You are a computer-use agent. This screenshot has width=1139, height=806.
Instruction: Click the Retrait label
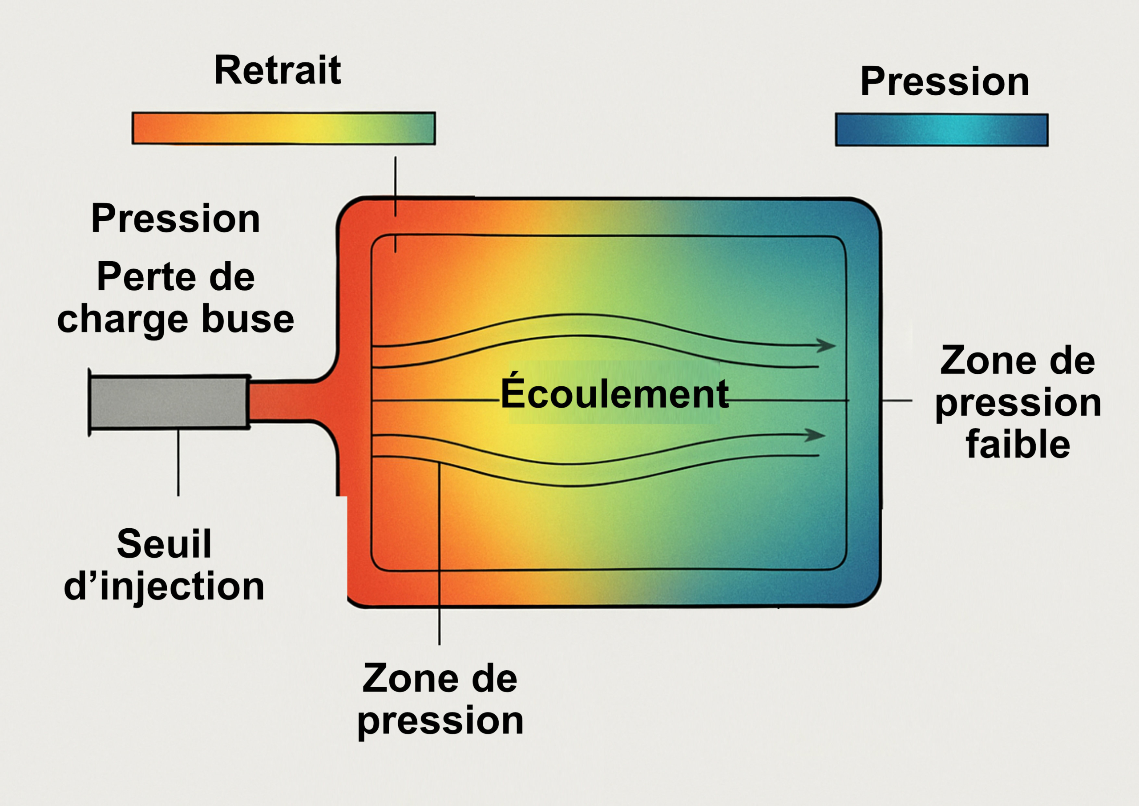point(277,70)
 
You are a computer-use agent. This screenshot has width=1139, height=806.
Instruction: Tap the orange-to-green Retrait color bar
point(283,128)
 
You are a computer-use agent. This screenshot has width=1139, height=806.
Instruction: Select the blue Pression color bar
point(941,130)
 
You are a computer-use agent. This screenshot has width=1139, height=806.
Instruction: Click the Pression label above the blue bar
point(945,81)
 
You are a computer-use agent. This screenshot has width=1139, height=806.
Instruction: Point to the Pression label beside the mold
point(176,219)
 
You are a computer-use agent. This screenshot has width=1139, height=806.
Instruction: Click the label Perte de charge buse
point(176,298)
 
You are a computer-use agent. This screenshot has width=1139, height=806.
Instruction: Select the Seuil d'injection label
point(164,565)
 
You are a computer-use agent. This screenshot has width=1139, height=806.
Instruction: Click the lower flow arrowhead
point(816,435)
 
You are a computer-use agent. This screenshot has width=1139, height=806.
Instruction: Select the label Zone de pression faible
point(1018,402)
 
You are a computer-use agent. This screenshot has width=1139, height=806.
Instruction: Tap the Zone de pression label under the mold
point(440,699)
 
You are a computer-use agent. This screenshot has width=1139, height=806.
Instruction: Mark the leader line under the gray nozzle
point(178,462)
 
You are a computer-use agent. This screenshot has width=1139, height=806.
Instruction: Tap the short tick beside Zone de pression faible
point(897,400)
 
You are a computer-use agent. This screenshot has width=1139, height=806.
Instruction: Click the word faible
point(1018,444)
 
